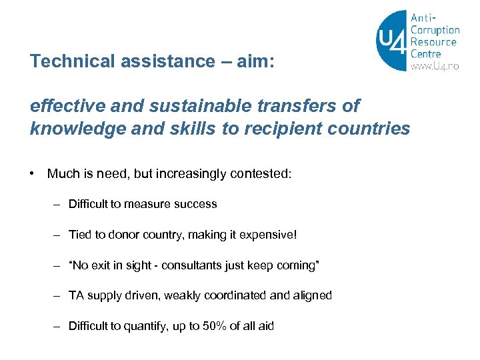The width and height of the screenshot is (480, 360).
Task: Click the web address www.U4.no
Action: (435, 66)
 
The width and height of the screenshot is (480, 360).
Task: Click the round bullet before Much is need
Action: (32, 174)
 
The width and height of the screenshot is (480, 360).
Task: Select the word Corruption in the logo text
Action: (435, 30)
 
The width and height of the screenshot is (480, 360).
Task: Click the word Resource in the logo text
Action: (433, 42)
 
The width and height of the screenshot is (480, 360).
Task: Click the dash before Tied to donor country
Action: (57, 235)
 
